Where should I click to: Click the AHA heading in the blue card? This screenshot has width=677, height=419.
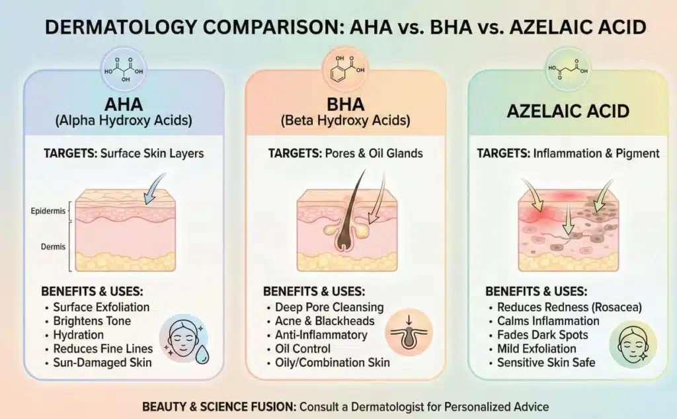(123, 105)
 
